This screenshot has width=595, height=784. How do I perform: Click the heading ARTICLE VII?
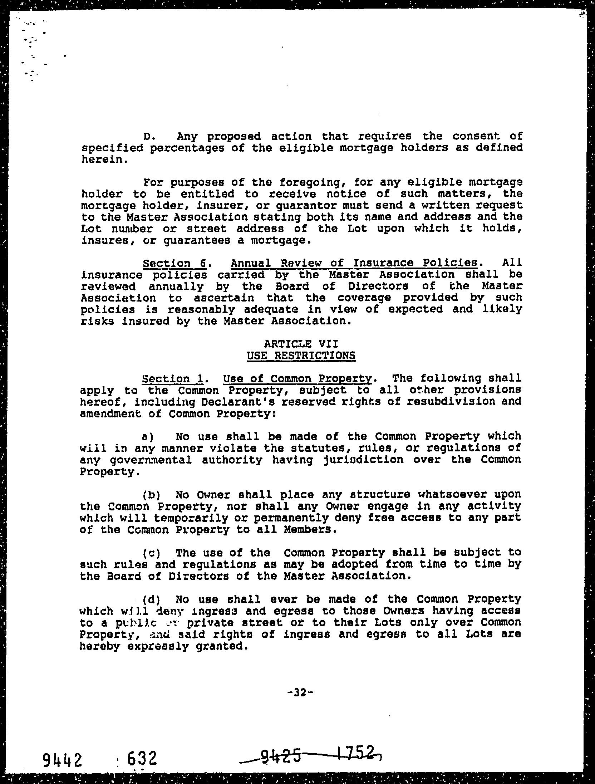301,344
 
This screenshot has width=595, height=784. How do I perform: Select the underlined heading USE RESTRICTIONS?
301,356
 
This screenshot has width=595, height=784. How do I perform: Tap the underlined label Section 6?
174,264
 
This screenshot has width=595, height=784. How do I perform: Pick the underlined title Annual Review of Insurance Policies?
354,263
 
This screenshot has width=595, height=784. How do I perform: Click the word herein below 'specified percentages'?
103,160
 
